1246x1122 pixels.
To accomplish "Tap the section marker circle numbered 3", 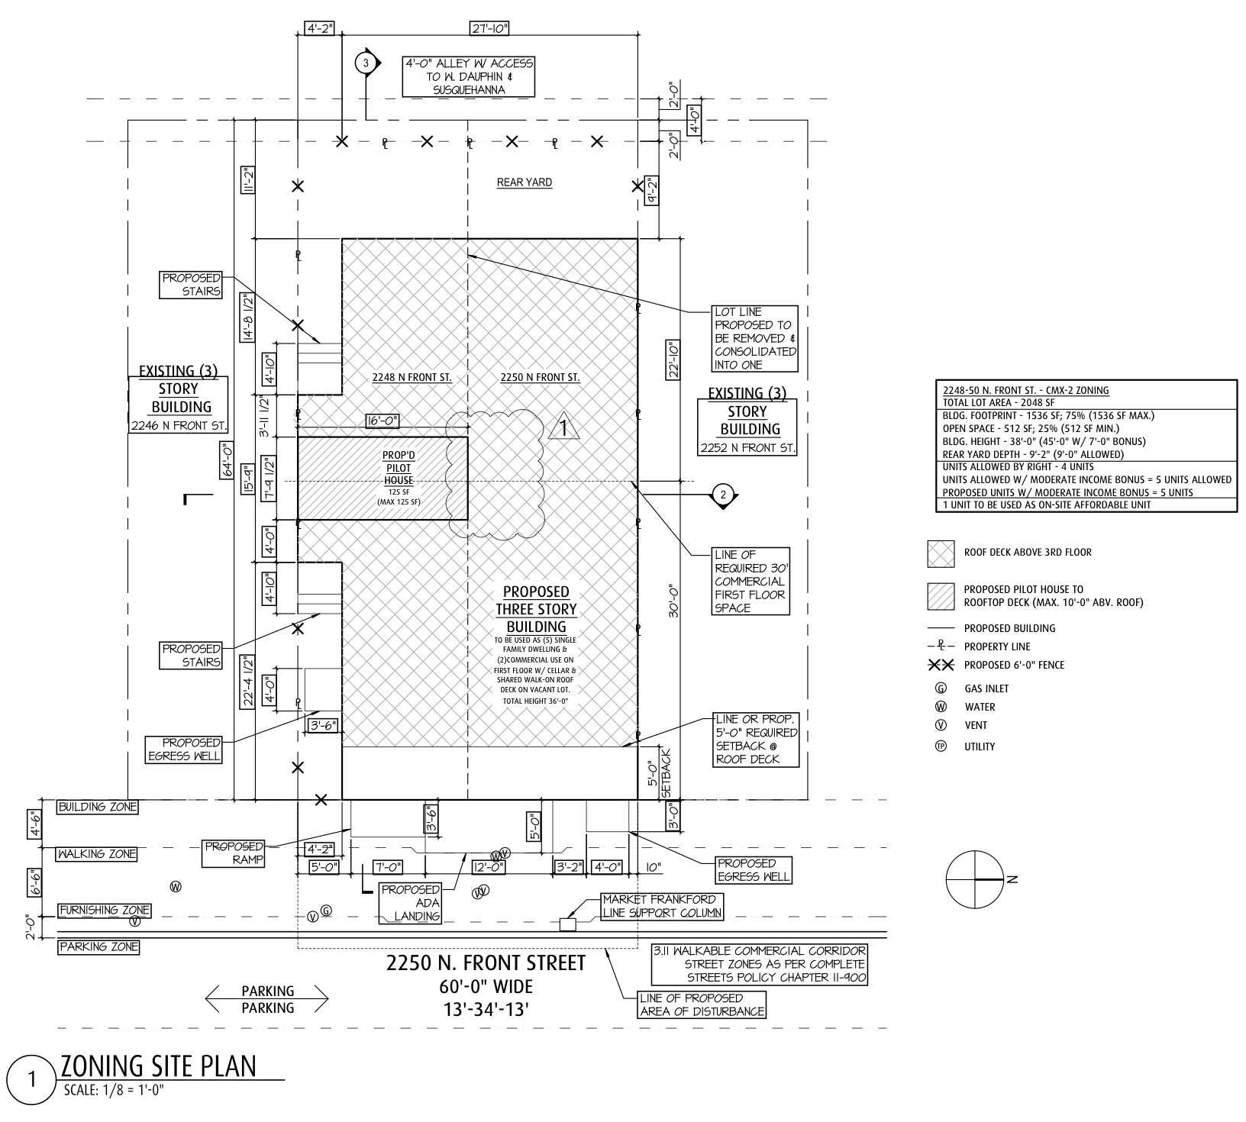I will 366,63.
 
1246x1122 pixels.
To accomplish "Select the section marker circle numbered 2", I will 724,495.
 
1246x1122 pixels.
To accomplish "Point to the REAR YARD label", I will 524,182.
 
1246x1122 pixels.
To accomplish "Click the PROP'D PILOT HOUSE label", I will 398,468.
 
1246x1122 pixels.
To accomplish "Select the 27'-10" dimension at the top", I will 489,29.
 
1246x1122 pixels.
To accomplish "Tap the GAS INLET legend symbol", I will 941,688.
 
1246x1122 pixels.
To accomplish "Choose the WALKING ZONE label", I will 98,855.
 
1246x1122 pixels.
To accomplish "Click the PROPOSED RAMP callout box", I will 234,853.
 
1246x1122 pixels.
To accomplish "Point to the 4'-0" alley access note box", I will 468,76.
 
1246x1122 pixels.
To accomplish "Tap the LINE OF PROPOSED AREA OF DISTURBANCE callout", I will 702,1004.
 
